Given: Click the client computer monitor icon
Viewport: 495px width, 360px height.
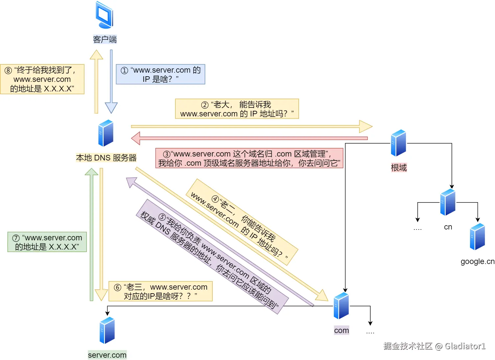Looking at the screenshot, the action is point(105,15).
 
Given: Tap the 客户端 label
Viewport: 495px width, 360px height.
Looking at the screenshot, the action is point(105,39).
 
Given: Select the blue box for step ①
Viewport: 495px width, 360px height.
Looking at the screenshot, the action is point(161,74).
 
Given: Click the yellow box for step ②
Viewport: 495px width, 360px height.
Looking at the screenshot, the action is point(237,109).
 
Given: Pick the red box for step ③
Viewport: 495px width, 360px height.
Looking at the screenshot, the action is point(249,158).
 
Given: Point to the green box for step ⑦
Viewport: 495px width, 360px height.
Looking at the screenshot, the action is point(47,242).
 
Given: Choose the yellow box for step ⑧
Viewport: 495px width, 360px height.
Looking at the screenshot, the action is point(42,79).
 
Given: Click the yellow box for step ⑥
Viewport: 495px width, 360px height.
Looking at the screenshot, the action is point(161,291).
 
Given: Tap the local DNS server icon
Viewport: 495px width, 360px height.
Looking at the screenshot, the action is point(106,133).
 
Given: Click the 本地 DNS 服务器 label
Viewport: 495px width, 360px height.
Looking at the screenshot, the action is point(106,158).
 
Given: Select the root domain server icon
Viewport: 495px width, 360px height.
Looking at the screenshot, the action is point(398,143).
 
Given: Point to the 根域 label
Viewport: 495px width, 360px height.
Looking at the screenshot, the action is point(399,168).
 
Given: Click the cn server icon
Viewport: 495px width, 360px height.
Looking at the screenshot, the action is point(448,202).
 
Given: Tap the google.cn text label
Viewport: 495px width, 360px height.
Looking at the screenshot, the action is point(478,261).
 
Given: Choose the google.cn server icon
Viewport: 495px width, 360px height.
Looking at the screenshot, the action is point(477,236).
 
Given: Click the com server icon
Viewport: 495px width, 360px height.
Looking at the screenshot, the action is point(341,306).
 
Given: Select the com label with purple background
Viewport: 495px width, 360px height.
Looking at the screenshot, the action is point(341,330).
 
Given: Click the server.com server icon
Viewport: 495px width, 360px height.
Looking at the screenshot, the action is point(107,330).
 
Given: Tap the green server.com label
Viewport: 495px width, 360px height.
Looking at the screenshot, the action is point(107,355).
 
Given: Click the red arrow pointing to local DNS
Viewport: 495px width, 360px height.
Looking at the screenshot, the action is point(249,138).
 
